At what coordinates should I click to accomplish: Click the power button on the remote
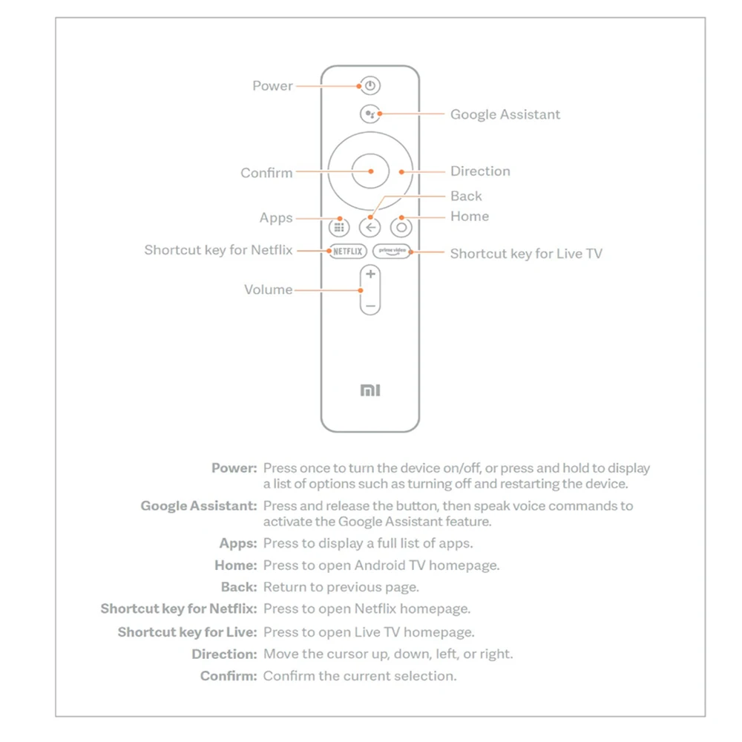click(370, 85)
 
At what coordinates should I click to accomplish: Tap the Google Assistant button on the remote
click(370, 114)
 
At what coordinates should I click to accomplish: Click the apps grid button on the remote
click(339, 227)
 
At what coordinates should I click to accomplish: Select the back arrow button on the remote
click(370, 227)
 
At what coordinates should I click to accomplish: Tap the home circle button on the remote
click(401, 227)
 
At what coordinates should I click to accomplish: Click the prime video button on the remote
click(392, 251)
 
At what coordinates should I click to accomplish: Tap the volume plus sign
click(370, 275)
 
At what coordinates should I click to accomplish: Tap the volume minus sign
click(370, 305)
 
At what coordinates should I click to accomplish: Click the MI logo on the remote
click(370, 390)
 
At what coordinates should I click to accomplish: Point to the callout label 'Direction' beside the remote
click(480, 171)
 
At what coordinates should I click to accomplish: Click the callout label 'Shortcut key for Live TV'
click(526, 254)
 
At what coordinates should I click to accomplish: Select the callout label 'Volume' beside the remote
click(268, 290)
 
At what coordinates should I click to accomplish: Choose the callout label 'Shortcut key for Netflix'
click(219, 250)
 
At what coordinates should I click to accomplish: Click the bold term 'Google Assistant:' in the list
click(199, 506)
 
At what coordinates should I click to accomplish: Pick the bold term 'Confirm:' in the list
click(229, 676)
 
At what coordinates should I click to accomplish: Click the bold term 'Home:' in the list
click(236, 565)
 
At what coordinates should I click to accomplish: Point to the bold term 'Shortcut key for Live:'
click(187, 632)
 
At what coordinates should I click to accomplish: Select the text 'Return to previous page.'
click(341, 588)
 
